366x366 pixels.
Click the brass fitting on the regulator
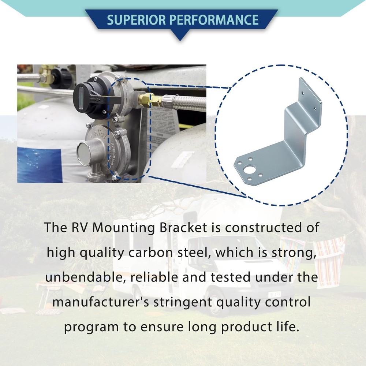point(145,99)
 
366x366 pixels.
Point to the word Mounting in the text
point(122,228)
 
